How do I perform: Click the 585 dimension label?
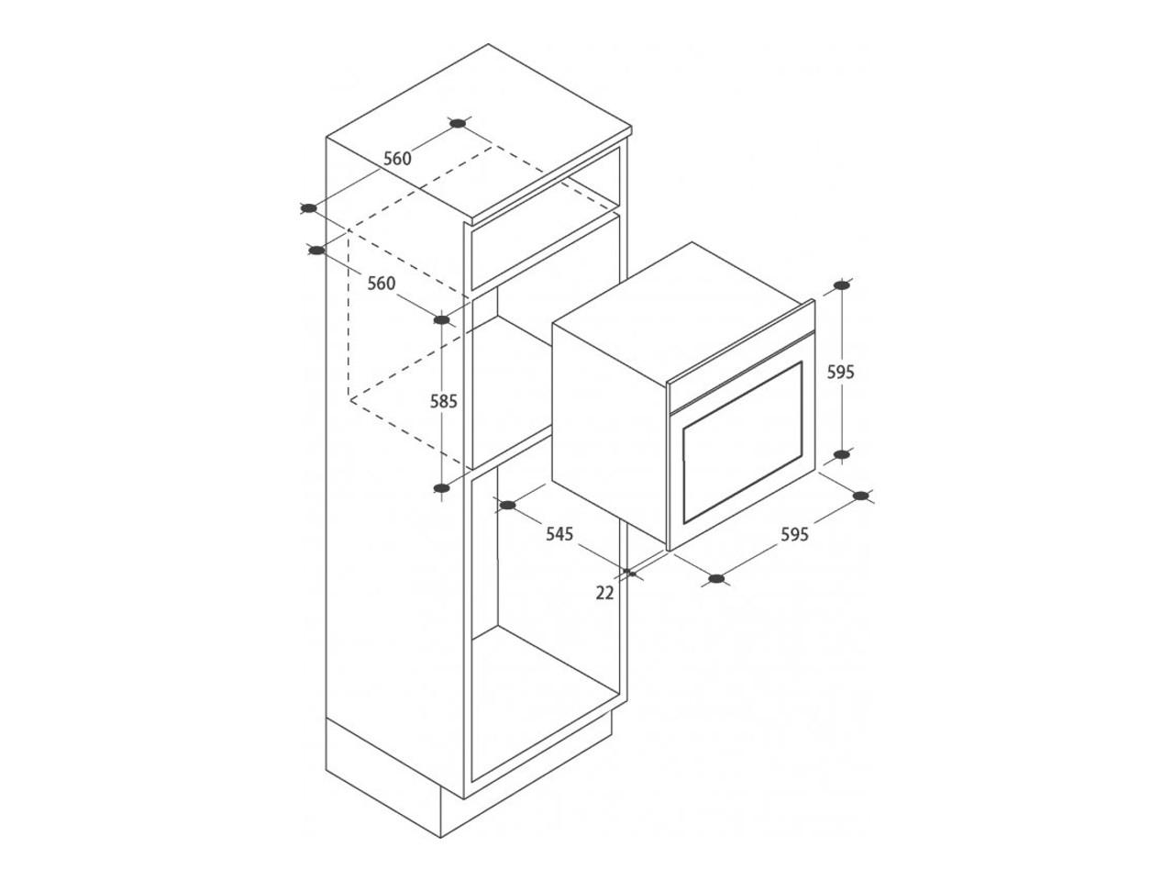tap(443, 401)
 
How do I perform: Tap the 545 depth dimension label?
tap(559, 533)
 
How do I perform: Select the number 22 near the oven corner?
tap(605, 593)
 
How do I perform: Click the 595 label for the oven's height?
tap(841, 372)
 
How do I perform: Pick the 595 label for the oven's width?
tap(795, 534)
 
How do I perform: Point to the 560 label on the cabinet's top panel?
tap(397, 159)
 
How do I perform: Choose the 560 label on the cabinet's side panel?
tap(382, 283)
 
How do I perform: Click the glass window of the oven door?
tap(742, 441)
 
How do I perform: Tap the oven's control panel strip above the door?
tap(741, 370)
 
